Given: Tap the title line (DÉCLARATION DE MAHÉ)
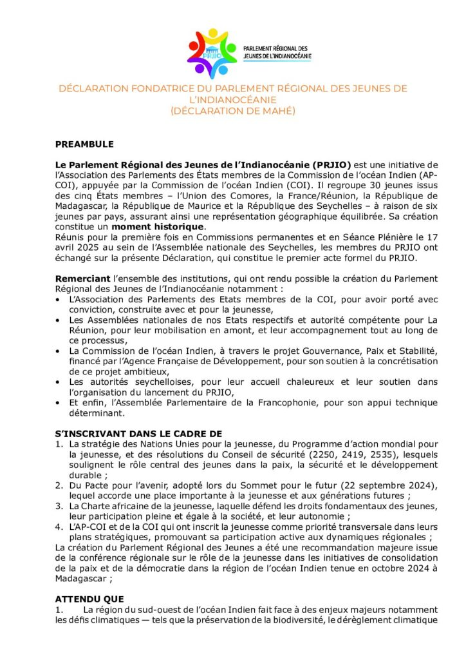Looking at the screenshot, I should (x=232, y=111).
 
